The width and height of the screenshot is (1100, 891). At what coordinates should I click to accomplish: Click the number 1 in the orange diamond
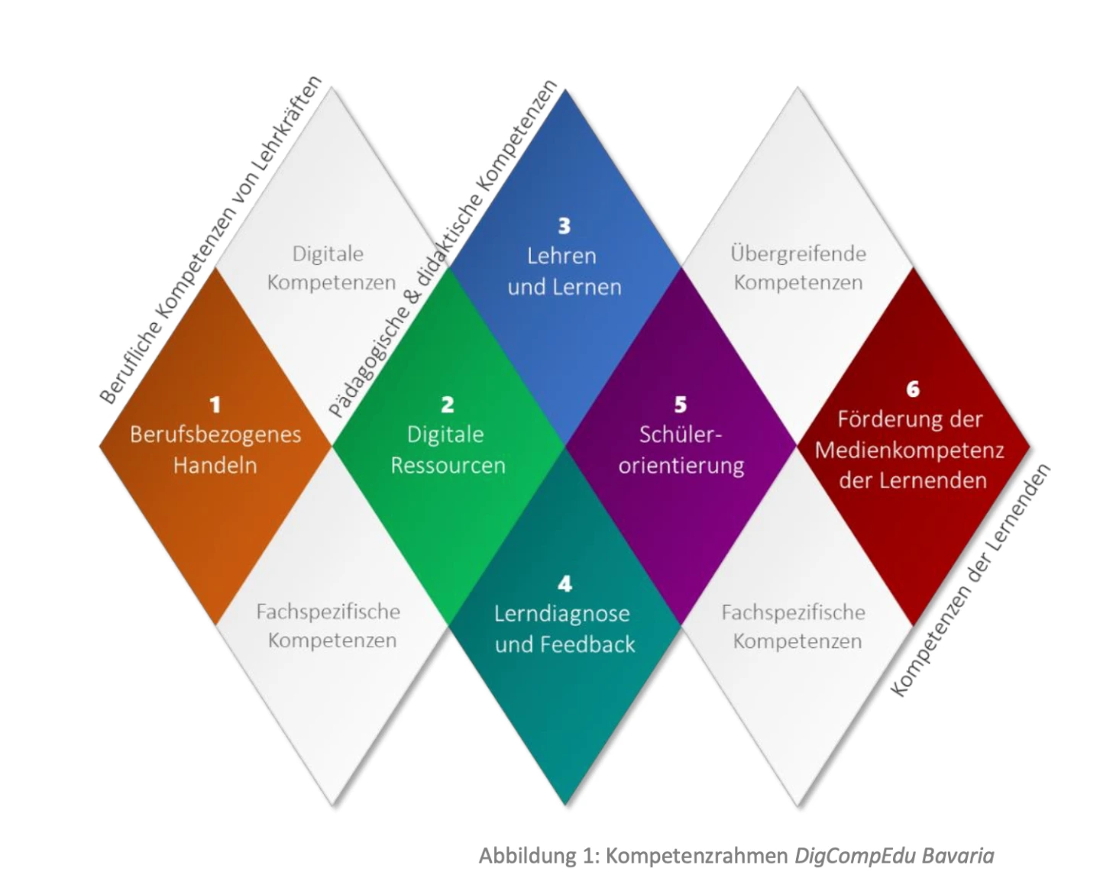(x=215, y=405)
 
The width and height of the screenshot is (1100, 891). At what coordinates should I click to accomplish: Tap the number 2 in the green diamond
(x=448, y=405)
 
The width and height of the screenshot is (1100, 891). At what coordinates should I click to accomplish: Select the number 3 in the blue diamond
(x=564, y=226)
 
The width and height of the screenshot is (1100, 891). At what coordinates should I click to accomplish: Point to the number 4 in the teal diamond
(x=565, y=584)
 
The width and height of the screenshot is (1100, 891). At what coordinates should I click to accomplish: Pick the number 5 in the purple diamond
(x=681, y=405)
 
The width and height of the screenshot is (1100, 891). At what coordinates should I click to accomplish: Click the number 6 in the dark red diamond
(x=913, y=389)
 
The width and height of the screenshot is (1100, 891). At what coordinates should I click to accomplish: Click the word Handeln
(x=215, y=465)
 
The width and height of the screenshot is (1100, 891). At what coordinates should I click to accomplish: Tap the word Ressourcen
(x=448, y=465)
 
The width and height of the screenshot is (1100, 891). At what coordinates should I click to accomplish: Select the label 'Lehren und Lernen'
(x=564, y=271)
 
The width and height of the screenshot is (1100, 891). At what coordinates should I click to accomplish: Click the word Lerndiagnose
(x=561, y=614)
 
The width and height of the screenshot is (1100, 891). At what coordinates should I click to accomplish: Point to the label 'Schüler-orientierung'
(x=681, y=450)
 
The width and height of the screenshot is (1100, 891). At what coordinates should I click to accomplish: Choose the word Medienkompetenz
(x=909, y=450)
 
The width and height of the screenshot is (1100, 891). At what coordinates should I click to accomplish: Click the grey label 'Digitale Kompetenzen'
(x=330, y=267)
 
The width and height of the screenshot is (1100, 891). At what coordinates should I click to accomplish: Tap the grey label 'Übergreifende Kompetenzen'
(x=797, y=267)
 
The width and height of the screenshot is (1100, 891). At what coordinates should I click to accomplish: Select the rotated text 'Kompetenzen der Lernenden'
(x=971, y=580)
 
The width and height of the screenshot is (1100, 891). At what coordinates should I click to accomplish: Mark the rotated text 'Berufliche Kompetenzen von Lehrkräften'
(x=211, y=240)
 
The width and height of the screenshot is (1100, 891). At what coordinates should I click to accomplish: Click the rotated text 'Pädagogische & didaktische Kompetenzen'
(x=444, y=249)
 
